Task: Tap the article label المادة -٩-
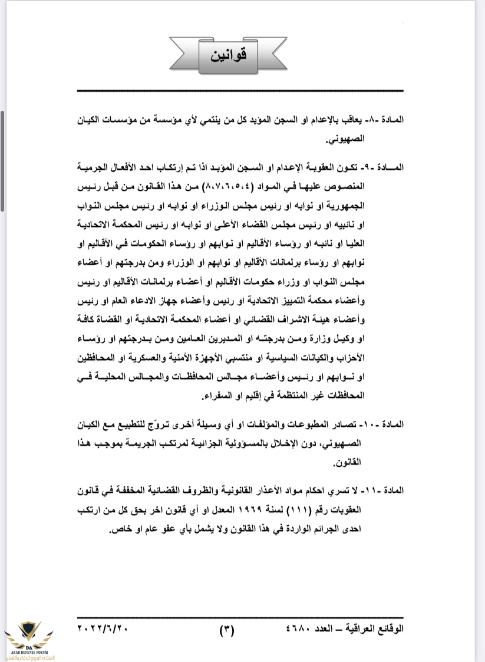390,169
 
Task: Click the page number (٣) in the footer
227,629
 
